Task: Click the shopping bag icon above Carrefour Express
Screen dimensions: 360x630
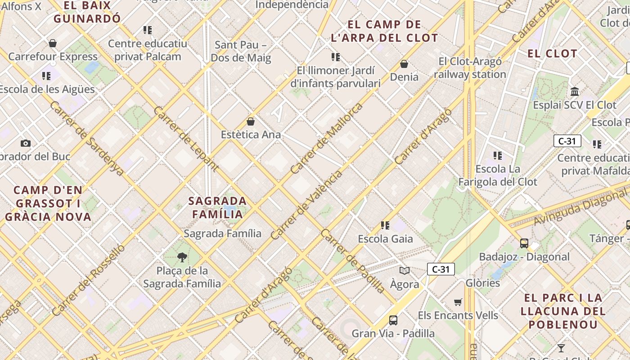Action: pos(53,43)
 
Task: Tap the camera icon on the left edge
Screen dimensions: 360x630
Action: pos(26,143)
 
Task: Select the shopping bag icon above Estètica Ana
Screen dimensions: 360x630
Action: pos(251,121)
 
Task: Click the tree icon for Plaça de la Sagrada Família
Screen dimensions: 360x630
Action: pos(182,257)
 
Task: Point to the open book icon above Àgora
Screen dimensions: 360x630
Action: pos(405,270)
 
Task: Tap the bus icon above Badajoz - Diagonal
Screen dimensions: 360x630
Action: pos(524,243)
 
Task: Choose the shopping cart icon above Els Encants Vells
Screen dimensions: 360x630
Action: pos(458,302)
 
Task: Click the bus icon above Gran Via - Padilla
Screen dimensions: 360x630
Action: pos(393,320)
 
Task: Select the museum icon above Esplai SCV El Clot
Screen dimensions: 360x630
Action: pos(575,92)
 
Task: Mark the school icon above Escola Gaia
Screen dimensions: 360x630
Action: pos(385,225)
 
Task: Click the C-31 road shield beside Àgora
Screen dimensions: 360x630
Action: pos(441,270)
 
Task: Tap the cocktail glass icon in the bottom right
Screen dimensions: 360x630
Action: pos(561,348)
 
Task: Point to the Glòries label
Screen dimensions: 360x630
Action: pos(482,283)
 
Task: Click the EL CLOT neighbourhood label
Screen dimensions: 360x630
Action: pos(552,54)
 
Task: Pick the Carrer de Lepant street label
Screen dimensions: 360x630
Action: pos(186,139)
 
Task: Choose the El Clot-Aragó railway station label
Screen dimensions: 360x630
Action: pos(470,67)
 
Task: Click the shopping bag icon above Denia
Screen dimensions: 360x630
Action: pos(404,64)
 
